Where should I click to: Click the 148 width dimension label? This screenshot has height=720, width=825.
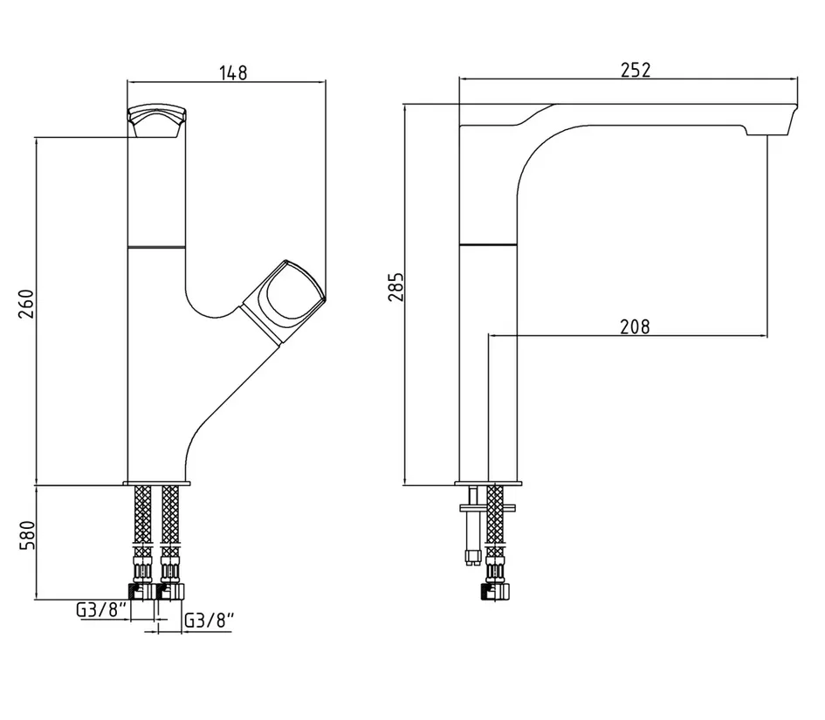[233, 72]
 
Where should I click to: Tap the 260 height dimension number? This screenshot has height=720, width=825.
[27, 304]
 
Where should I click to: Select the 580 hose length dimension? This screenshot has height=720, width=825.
[27, 535]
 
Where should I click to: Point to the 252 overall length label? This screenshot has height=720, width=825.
[636, 70]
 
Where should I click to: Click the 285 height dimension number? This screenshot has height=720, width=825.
[395, 286]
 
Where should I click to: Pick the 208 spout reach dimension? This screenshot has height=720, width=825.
[635, 326]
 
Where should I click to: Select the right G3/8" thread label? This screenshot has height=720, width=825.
[209, 621]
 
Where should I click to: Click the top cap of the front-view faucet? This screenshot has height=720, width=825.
[157, 121]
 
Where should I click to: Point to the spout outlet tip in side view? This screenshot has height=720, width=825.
[772, 122]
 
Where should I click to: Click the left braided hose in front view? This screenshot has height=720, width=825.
[143, 531]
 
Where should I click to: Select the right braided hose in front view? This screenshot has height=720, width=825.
[170, 531]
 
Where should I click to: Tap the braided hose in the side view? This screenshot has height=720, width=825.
[495, 531]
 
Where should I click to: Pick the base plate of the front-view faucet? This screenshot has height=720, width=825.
[157, 483]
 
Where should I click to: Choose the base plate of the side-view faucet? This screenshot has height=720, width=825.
[488, 483]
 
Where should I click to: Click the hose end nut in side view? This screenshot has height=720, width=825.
[496, 591]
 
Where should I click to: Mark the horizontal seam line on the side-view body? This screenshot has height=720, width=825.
[488, 244]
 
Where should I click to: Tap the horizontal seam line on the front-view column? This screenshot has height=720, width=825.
[157, 246]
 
